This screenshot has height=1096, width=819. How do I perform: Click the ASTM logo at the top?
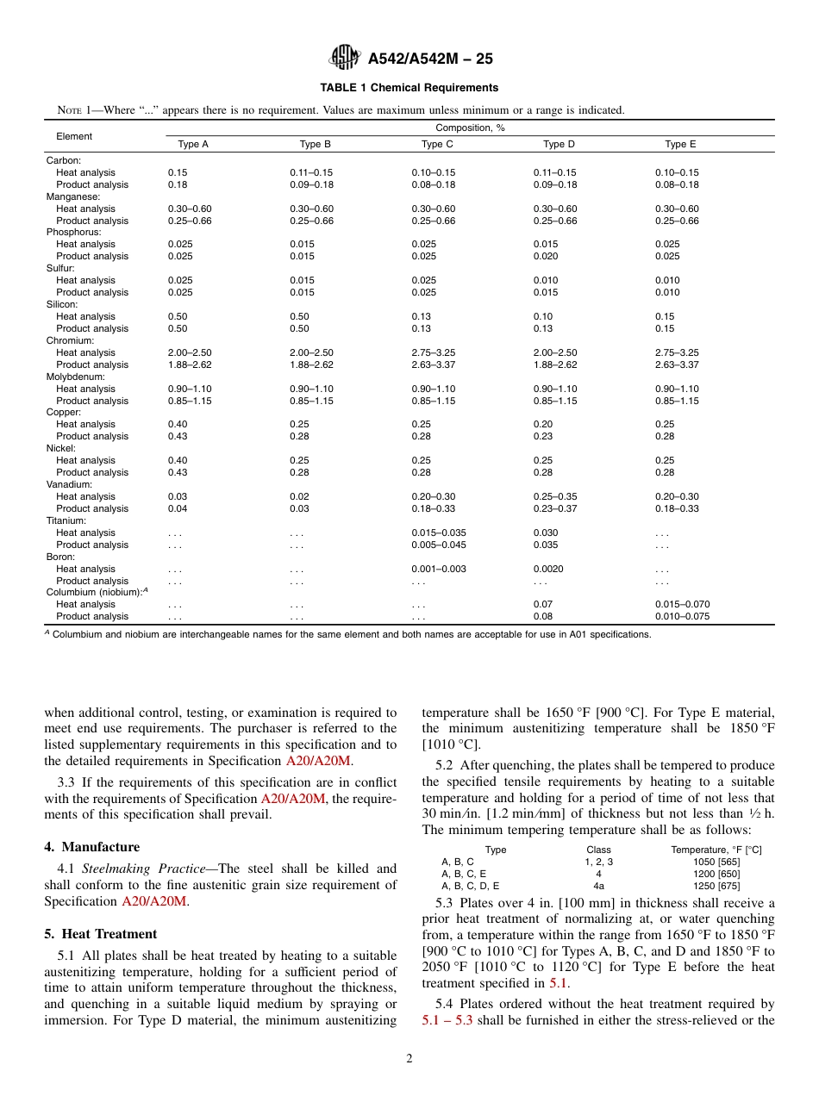coord(346,59)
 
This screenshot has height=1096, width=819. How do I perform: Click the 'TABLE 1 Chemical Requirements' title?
coord(409,88)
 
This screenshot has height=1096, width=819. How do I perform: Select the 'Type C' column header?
coord(437,145)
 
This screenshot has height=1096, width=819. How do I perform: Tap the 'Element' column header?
coord(74,136)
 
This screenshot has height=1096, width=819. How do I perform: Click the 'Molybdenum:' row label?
coord(75,377)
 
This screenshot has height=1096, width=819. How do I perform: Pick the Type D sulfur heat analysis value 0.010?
coord(546,280)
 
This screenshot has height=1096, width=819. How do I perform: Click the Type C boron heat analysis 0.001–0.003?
coord(439,569)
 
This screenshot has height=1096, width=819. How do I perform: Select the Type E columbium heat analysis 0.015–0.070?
coord(682,604)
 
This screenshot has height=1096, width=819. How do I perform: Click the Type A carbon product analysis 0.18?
coord(178,184)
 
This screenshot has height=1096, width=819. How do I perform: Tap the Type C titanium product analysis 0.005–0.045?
coord(439,545)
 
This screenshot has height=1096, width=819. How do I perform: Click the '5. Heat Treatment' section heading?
coord(101,934)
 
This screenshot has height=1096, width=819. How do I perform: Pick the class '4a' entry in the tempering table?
coord(598,886)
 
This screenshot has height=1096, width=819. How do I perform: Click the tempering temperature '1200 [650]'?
coord(716,874)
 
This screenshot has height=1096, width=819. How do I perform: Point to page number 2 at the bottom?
coord(409,1059)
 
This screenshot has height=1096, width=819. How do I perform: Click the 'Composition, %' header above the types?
coord(470,128)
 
